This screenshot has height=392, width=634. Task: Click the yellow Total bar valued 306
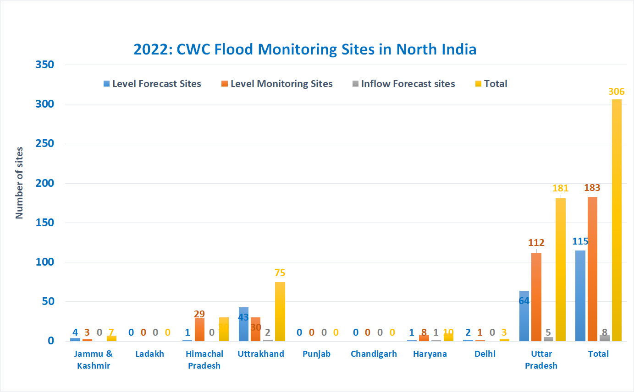(617, 220)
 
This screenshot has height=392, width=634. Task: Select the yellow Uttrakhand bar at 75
(280, 311)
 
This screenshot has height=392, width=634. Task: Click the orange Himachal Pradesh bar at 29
(199, 330)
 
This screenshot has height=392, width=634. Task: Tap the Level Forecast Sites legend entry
(152, 84)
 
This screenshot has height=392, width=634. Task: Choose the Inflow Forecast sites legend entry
(403, 84)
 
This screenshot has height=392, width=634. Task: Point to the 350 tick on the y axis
(45, 65)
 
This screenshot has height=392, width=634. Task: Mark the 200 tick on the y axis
(45, 183)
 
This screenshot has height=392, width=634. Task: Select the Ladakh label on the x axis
(149, 354)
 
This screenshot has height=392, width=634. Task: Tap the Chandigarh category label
(374, 354)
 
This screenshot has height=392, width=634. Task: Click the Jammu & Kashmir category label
(94, 359)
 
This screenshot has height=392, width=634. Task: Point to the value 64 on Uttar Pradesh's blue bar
(524, 301)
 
